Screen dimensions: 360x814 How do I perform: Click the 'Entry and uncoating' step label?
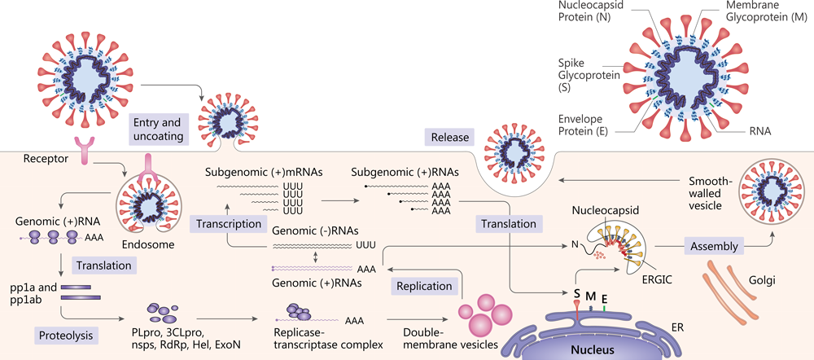pyautogui.click(x=157, y=129)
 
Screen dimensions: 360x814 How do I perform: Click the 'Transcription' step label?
pyautogui.click(x=229, y=223)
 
